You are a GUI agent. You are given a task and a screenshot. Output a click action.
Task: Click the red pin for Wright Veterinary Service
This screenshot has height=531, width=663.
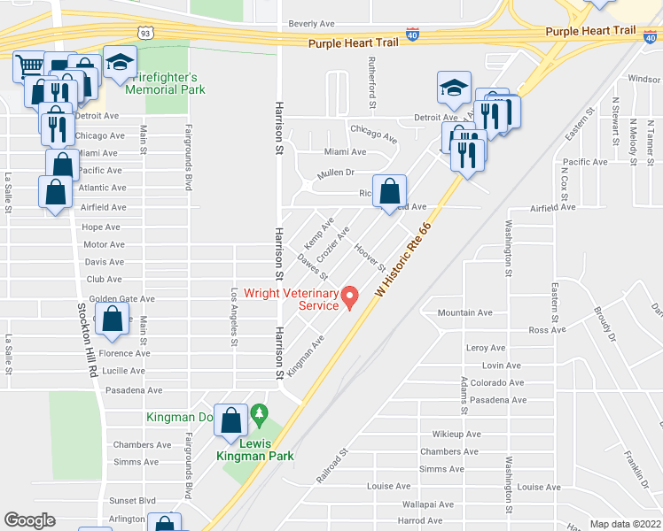click(x=350, y=296)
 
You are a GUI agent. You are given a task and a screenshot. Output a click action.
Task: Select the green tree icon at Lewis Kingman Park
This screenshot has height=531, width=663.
click(x=259, y=413)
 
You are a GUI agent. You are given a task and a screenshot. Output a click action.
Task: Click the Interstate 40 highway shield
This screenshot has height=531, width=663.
click(x=413, y=34)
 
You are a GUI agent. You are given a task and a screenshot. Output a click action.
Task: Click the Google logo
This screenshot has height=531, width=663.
click(x=29, y=520)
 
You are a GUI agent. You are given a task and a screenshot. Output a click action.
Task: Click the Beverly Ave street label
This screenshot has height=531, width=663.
click(x=309, y=24)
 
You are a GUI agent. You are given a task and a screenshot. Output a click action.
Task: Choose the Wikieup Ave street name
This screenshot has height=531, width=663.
click(x=456, y=435)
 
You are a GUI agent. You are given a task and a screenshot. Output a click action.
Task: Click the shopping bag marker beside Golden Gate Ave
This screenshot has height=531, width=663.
click(x=113, y=322)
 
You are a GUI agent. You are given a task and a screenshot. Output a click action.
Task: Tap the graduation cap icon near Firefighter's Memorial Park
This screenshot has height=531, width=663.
click(x=120, y=63)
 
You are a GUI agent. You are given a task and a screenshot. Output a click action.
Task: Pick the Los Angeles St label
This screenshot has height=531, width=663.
click(x=235, y=316)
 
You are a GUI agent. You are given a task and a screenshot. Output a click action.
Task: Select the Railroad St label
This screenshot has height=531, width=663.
click(x=334, y=466)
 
